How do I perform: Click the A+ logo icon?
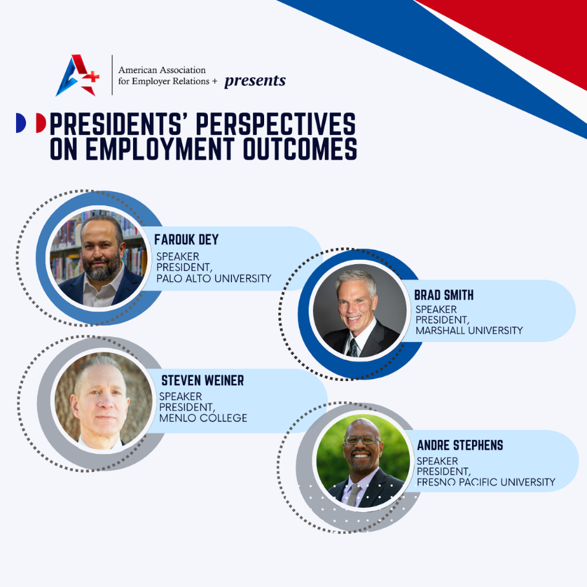[77, 76]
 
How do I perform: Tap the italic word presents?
[254, 81]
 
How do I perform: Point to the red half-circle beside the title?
[40, 123]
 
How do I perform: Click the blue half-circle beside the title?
[20, 123]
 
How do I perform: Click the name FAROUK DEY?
[186, 240]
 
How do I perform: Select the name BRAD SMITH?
[444, 295]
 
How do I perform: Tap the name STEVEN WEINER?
[202, 381]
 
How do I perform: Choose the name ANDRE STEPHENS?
[460, 446]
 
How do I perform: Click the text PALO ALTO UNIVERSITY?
[214, 279]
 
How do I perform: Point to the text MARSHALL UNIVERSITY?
[469, 331]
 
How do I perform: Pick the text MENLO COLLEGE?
[203, 418]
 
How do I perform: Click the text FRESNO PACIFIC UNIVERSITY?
[486, 482]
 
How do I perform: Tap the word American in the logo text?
[139, 70]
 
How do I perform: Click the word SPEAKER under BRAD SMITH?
[437, 309]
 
